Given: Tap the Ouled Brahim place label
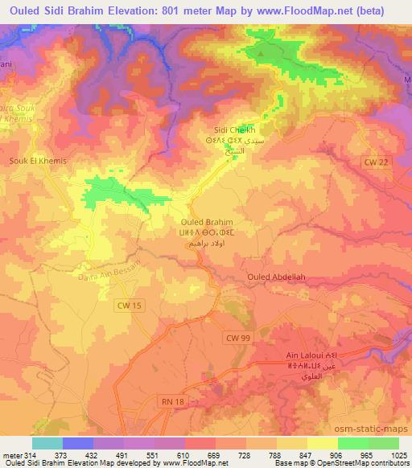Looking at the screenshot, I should point(207,222).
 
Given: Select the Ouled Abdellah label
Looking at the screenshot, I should point(276,278).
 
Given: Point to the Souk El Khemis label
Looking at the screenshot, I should point(37,161).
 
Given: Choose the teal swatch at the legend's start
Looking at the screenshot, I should point(47,442).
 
